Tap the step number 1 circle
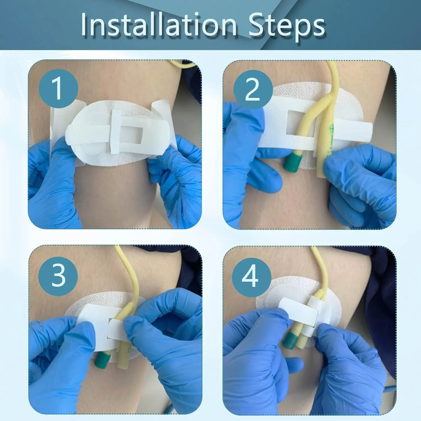coord(58,88)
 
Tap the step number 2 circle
coord(253,89)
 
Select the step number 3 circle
coord(58,276)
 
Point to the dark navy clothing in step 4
coord(385,295)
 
